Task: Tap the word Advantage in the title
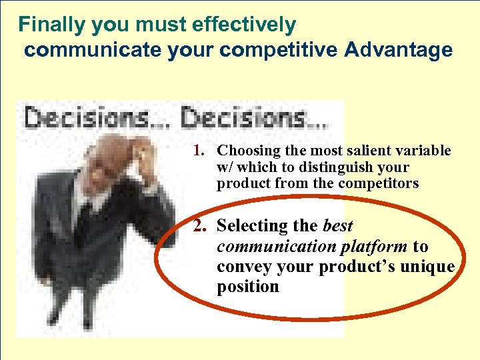coord(398,50)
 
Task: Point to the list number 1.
coord(199,151)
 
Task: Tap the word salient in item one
coord(364,151)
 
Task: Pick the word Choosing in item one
coord(245,151)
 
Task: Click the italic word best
coord(337,227)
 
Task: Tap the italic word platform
coord(374,247)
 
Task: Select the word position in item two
coord(247,287)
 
